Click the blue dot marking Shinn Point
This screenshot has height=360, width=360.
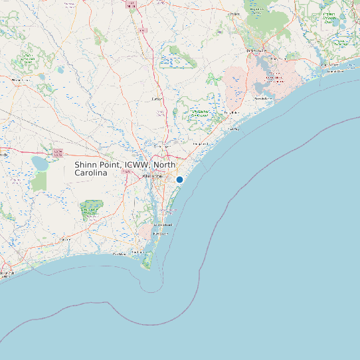179,179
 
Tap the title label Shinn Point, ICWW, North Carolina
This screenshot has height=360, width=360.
125,168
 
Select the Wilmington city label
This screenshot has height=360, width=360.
154,177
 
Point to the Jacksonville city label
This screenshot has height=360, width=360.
256,51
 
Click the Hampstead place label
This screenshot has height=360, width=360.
200,143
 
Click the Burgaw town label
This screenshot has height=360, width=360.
157,99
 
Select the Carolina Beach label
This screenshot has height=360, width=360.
163,225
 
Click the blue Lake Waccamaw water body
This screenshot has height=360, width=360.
41,163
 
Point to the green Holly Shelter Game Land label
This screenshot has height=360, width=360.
200,114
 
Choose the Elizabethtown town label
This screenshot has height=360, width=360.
20,80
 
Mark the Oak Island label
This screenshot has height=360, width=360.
120,254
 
